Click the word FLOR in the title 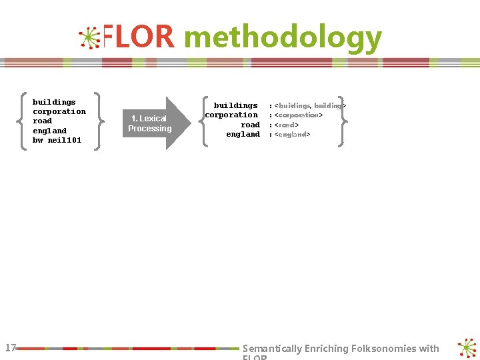pos(139,38)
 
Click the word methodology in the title pos(283,39)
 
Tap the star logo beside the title pos(89,38)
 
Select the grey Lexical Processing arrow pos(152,123)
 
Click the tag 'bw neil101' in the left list pos(57,141)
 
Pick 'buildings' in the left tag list pos(54,102)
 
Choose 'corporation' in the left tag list pos(59,112)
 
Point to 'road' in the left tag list pos(42,121)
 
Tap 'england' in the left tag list pos(49,131)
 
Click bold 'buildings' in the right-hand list pos(235,105)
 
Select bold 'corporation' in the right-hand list pos(231,115)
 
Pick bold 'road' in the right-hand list pos(250,125)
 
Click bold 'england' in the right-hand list pos(243,135)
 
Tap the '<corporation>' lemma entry pos(299,115)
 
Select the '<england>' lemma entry pos(292,135)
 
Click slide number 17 pos(10,347)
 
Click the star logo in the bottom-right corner pos(467,348)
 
